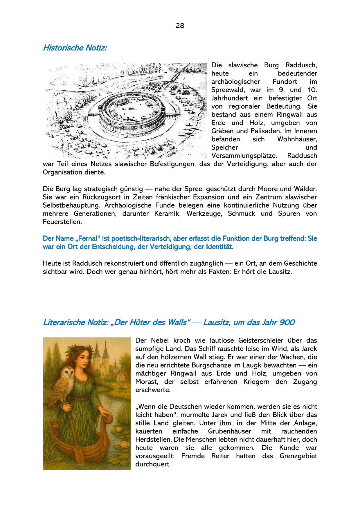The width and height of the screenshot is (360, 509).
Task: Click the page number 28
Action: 180,26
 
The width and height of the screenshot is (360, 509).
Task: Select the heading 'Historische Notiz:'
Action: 75,48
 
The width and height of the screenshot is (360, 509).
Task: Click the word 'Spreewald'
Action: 228,90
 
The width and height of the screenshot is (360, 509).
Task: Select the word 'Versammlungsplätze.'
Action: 244,156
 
